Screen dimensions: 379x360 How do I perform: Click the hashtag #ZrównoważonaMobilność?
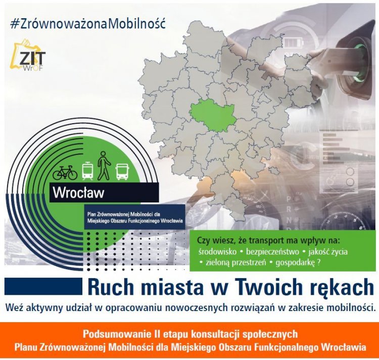[x=88, y=24]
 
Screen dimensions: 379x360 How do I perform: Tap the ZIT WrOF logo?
[x=30, y=55]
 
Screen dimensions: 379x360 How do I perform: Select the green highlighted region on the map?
[x=213, y=117]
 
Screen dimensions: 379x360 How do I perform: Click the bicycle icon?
[x=65, y=172]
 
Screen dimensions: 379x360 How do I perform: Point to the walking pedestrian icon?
[x=104, y=166]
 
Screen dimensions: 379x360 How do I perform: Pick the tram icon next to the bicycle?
[x=87, y=171]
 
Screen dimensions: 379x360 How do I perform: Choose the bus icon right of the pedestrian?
[x=123, y=172]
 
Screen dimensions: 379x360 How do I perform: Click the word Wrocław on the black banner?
[x=78, y=193]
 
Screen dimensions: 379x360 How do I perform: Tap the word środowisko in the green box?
[x=217, y=251]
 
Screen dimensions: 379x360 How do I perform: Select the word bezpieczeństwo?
[x=272, y=252]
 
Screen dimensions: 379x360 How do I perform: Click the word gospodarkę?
[x=296, y=263]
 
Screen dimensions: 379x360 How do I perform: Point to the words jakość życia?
[x=328, y=252]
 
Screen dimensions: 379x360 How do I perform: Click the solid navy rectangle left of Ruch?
[x=43, y=286]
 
